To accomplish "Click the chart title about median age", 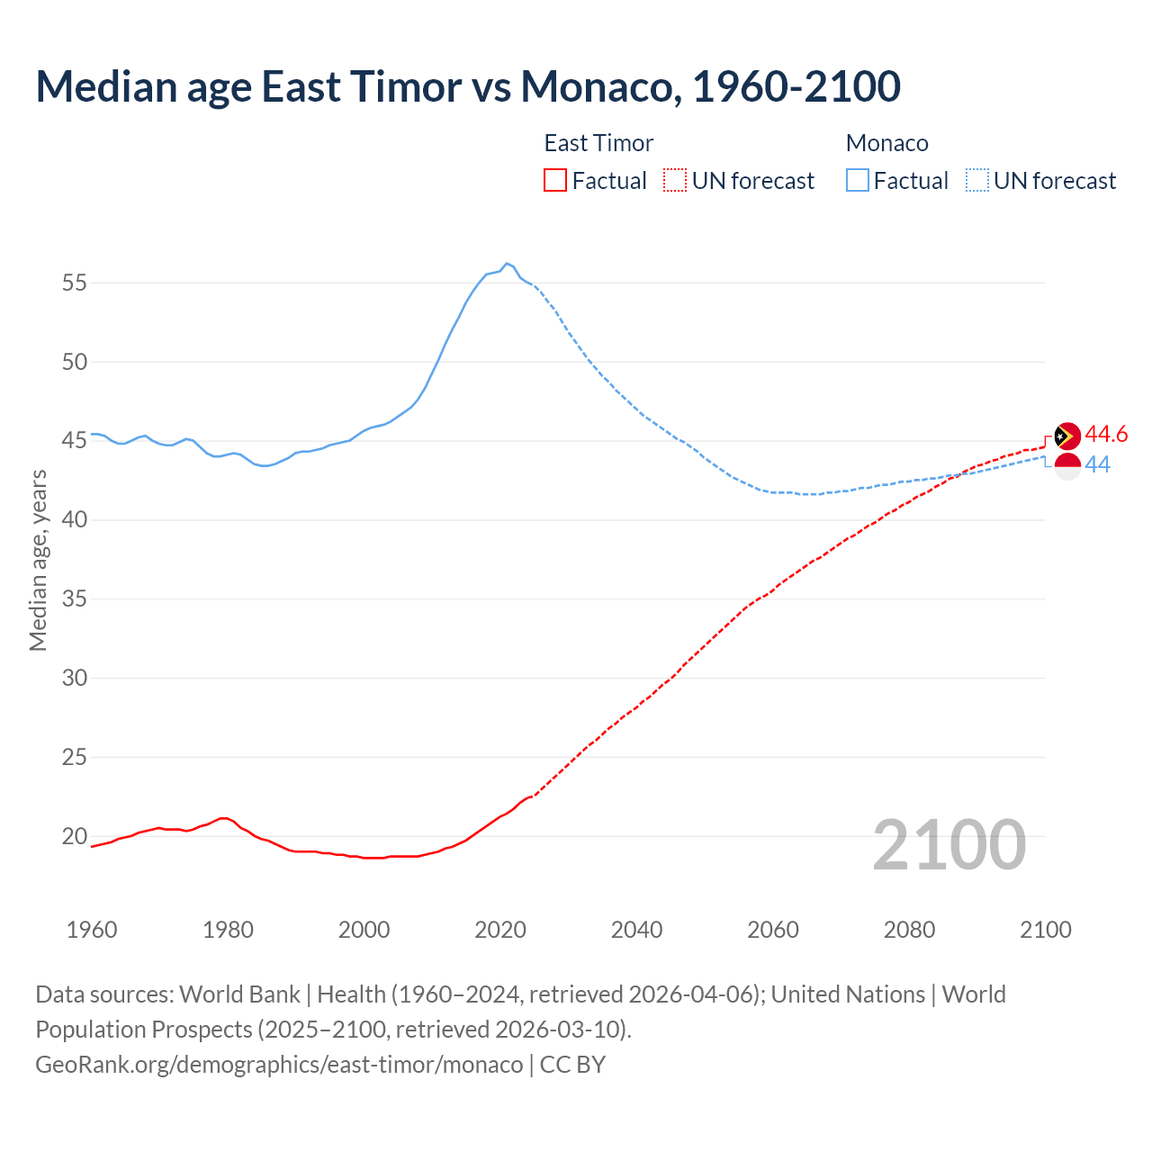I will pyautogui.click(x=468, y=86).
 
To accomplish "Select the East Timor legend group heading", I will pyautogui.click(x=598, y=143).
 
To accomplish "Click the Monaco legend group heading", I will pyautogui.click(x=886, y=143).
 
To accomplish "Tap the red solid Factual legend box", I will pyautogui.click(x=555, y=181).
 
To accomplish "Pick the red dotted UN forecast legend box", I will pyautogui.click(x=675, y=181).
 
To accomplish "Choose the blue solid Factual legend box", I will pyautogui.click(x=858, y=181).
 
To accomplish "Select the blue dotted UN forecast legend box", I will pyautogui.click(x=976, y=181).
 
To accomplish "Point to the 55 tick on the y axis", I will pyautogui.click(x=75, y=283).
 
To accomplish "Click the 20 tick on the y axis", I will pyautogui.click(x=75, y=836).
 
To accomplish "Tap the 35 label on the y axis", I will pyautogui.click(x=75, y=598).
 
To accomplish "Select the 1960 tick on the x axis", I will pyautogui.click(x=92, y=930).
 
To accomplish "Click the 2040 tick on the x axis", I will pyautogui.click(x=636, y=930).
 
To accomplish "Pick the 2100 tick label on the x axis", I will pyautogui.click(x=1045, y=930).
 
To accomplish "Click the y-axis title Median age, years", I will pyautogui.click(x=38, y=560).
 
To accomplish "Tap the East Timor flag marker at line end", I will pyautogui.click(x=1066, y=436).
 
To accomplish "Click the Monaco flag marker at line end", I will pyautogui.click(x=1066, y=466).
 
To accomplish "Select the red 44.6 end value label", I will pyautogui.click(x=1106, y=435).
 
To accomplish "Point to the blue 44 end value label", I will pyautogui.click(x=1097, y=465).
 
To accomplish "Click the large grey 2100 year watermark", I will pyautogui.click(x=949, y=844).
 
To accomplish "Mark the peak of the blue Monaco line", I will pyautogui.click(x=507, y=263).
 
